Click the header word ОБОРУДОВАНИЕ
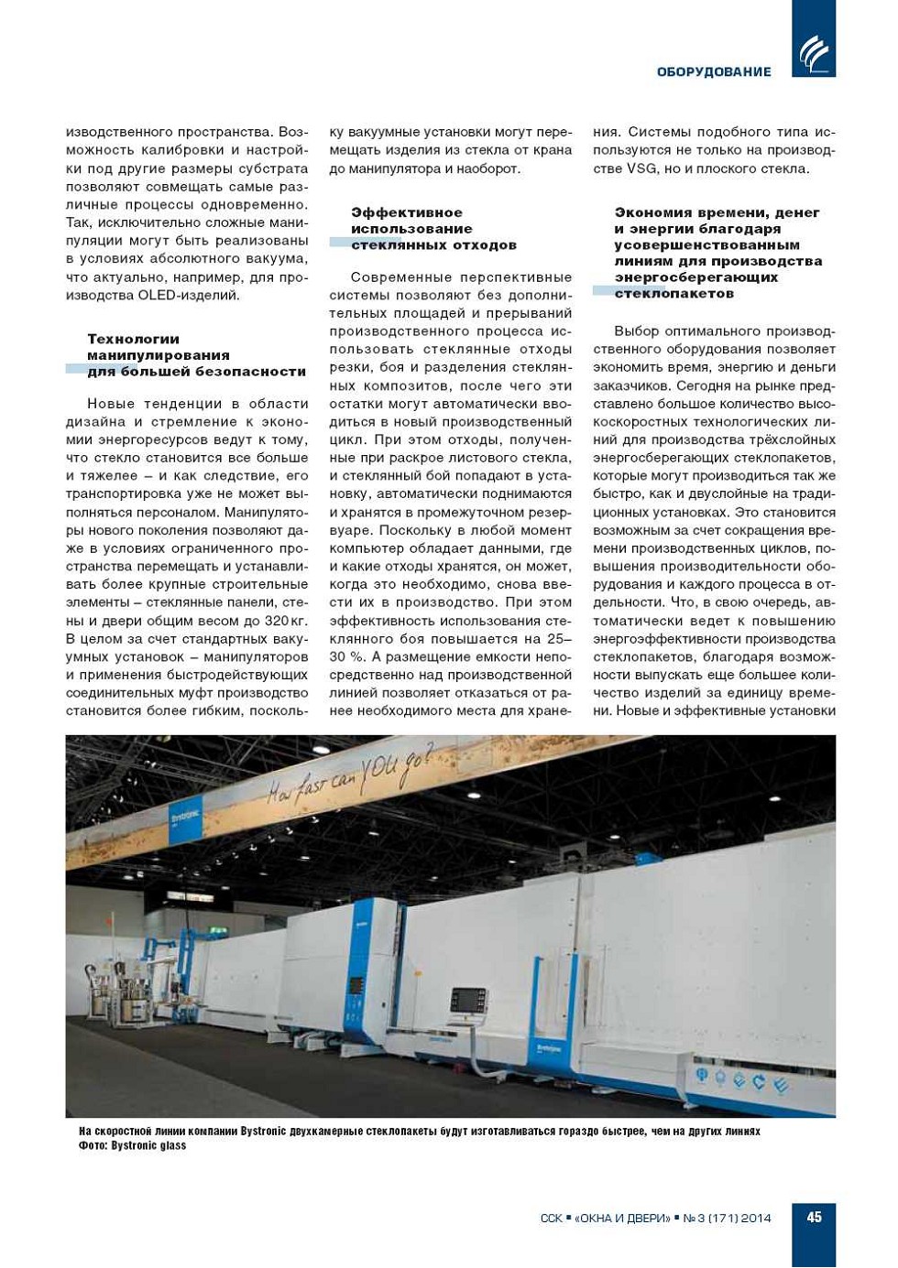tap(714, 71)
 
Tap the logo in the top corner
tap(814, 54)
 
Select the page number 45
tap(814, 1217)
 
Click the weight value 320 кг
tap(286, 620)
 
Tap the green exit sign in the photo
tap(214, 930)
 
